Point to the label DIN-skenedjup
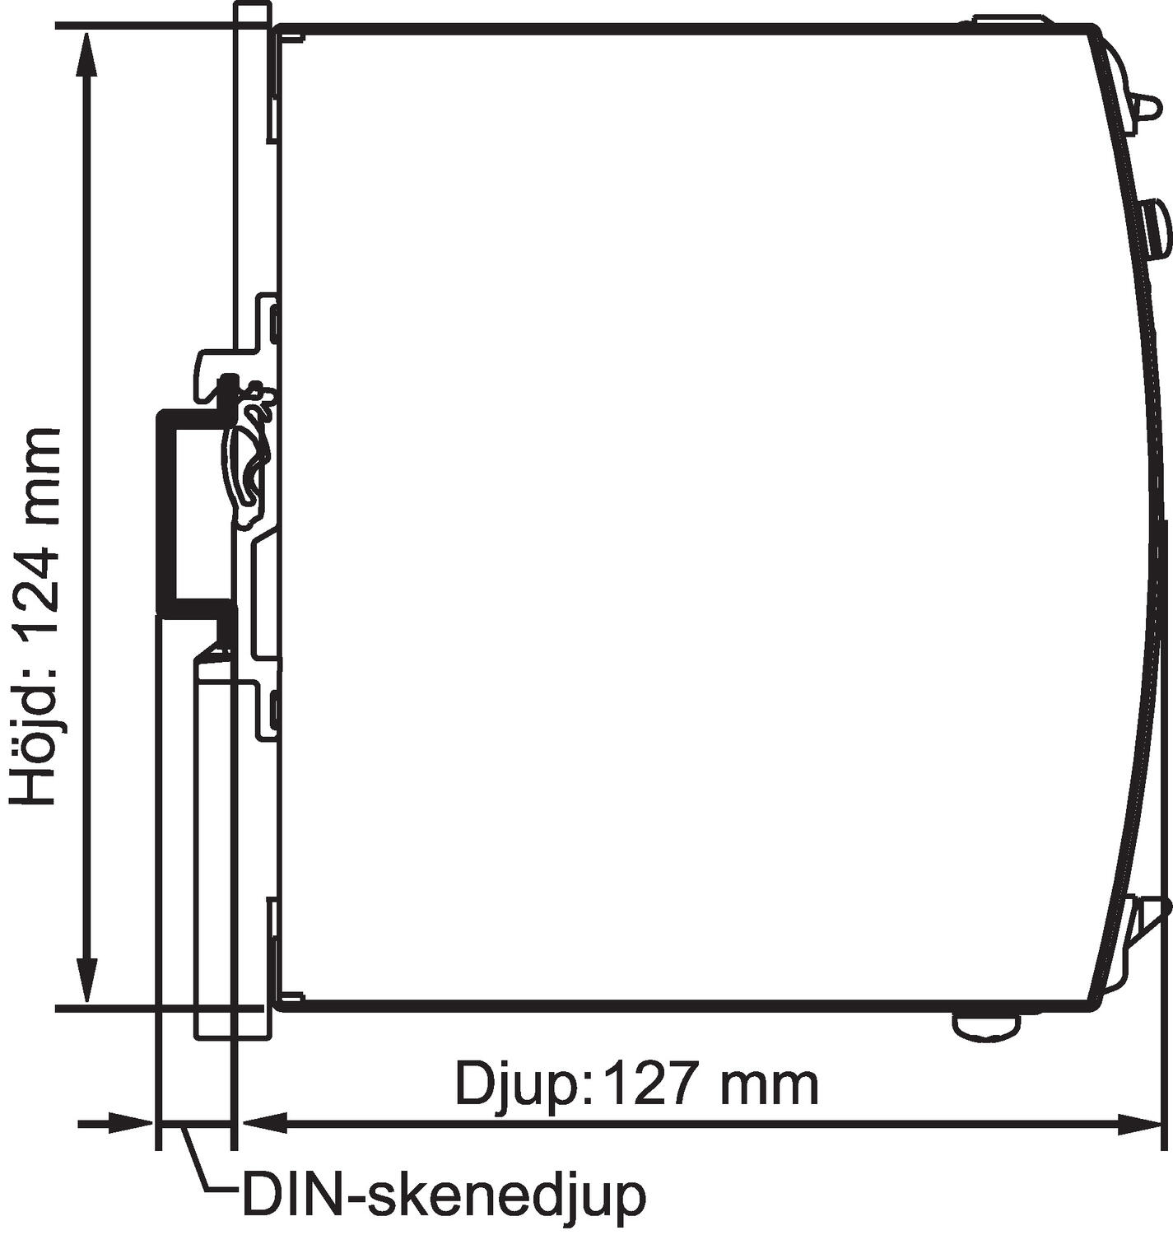pyautogui.click(x=443, y=1195)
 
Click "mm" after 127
pyautogui.click(x=770, y=1084)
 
